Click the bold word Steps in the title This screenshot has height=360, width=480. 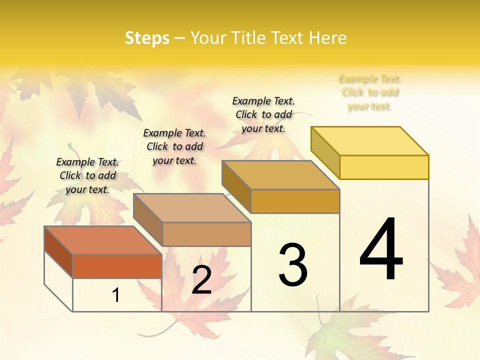click(x=146, y=38)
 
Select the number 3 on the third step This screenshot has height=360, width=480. click(x=292, y=264)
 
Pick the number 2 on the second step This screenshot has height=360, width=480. click(x=201, y=279)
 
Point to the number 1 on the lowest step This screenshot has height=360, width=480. click(x=116, y=295)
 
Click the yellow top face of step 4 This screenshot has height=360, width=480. click(x=370, y=141)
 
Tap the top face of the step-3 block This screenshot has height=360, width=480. click(x=281, y=175)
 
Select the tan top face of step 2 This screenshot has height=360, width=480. click(x=192, y=208)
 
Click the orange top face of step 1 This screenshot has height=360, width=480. click(x=103, y=240)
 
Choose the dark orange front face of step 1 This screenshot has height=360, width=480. click(x=117, y=266)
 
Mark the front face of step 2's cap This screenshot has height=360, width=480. click(x=206, y=234)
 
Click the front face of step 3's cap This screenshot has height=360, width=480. click(x=295, y=201)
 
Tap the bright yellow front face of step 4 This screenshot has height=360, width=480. click(x=384, y=167)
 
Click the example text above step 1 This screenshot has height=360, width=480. click(x=87, y=175)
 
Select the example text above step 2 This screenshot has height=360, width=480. click(x=174, y=146)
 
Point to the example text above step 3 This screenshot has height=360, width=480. click(x=263, y=114)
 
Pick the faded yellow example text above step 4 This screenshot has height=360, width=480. click(x=370, y=92)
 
